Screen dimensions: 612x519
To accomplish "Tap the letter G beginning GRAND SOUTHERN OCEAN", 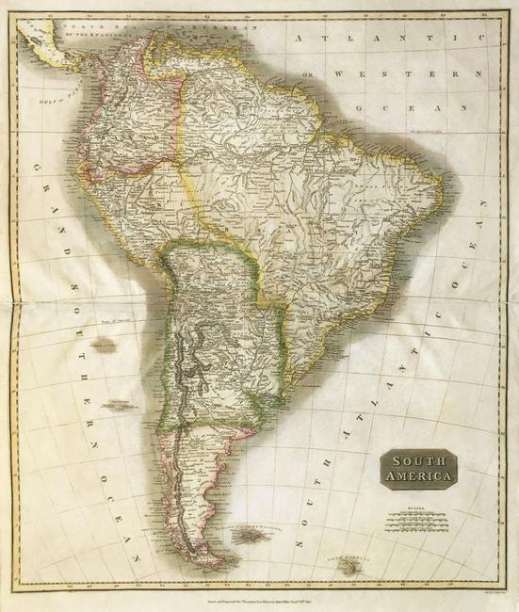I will point(39,166).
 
